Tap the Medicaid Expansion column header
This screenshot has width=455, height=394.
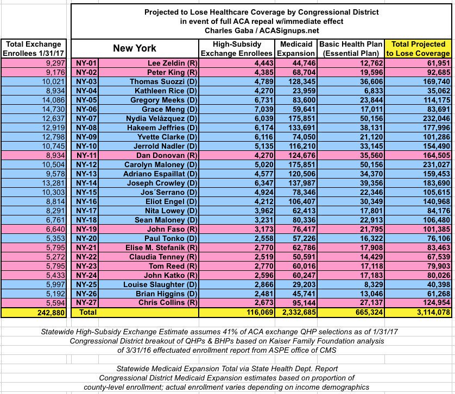click(x=296, y=48)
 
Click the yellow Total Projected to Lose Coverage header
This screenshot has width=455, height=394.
click(x=418, y=48)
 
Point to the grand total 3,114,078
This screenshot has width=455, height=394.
click(x=430, y=313)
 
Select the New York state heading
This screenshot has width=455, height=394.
click(x=135, y=48)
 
